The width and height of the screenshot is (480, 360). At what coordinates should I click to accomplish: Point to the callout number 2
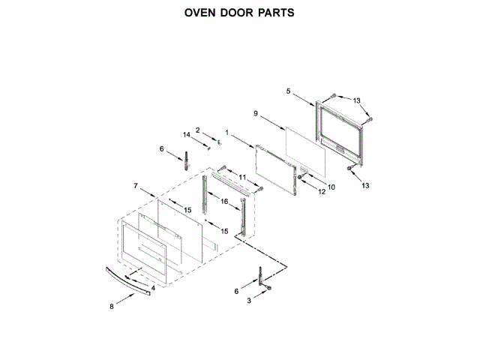[198, 130]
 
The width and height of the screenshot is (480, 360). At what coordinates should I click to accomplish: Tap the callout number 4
[153, 287]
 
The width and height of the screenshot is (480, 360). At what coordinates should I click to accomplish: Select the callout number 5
[288, 91]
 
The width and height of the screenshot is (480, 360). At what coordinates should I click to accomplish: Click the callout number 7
[136, 184]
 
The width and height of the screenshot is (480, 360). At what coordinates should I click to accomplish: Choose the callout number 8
[112, 306]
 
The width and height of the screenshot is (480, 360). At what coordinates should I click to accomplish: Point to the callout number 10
[331, 186]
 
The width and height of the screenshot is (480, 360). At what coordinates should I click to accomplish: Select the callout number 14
[187, 134]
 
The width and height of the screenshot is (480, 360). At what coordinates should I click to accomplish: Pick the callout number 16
[223, 202]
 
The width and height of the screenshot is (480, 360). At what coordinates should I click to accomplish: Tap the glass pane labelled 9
[306, 147]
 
